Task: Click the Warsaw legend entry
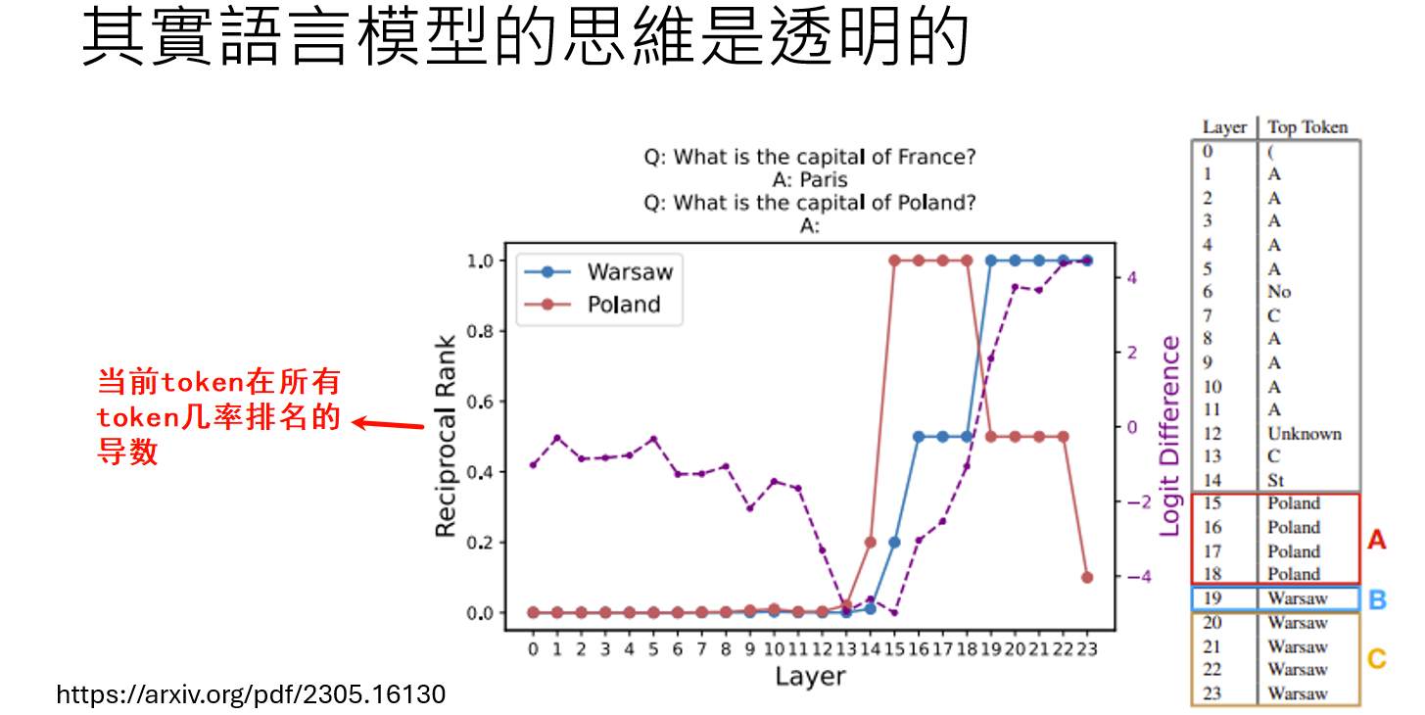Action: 598,272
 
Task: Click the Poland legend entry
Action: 593,305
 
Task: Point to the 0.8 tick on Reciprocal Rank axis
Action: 480,331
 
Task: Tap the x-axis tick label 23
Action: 1087,648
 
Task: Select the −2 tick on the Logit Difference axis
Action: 1139,502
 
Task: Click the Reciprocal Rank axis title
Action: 446,436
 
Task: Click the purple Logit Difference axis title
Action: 1169,436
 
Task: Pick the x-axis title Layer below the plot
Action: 811,676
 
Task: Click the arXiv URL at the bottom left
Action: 251,694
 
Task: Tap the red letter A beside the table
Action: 1377,540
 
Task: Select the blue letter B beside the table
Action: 1377,599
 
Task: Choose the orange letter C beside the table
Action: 1377,659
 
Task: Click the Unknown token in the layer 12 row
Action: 1305,434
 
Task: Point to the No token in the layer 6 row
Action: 1279,291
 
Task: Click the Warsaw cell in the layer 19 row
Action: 1297,598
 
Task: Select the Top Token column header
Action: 1307,127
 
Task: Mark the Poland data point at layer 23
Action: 1087,578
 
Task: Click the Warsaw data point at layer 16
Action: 919,437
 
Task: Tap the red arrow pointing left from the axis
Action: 388,424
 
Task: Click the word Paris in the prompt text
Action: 824,180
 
